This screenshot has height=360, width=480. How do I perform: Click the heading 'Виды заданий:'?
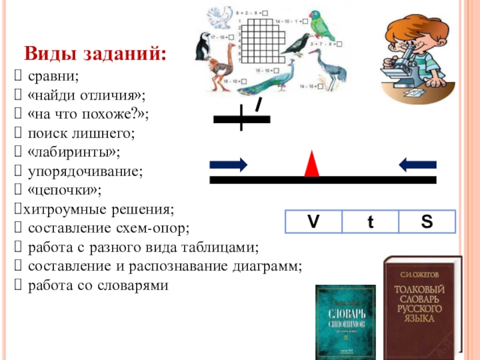tap(95, 55)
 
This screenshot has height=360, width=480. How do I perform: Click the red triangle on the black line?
tap(311, 164)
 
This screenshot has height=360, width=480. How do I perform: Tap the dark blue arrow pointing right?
tap(229, 163)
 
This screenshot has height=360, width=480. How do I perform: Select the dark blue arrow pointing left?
tap(418, 163)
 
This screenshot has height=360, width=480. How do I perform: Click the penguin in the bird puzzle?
tap(202, 47)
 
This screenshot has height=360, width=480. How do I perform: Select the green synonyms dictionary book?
tap(345, 322)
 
